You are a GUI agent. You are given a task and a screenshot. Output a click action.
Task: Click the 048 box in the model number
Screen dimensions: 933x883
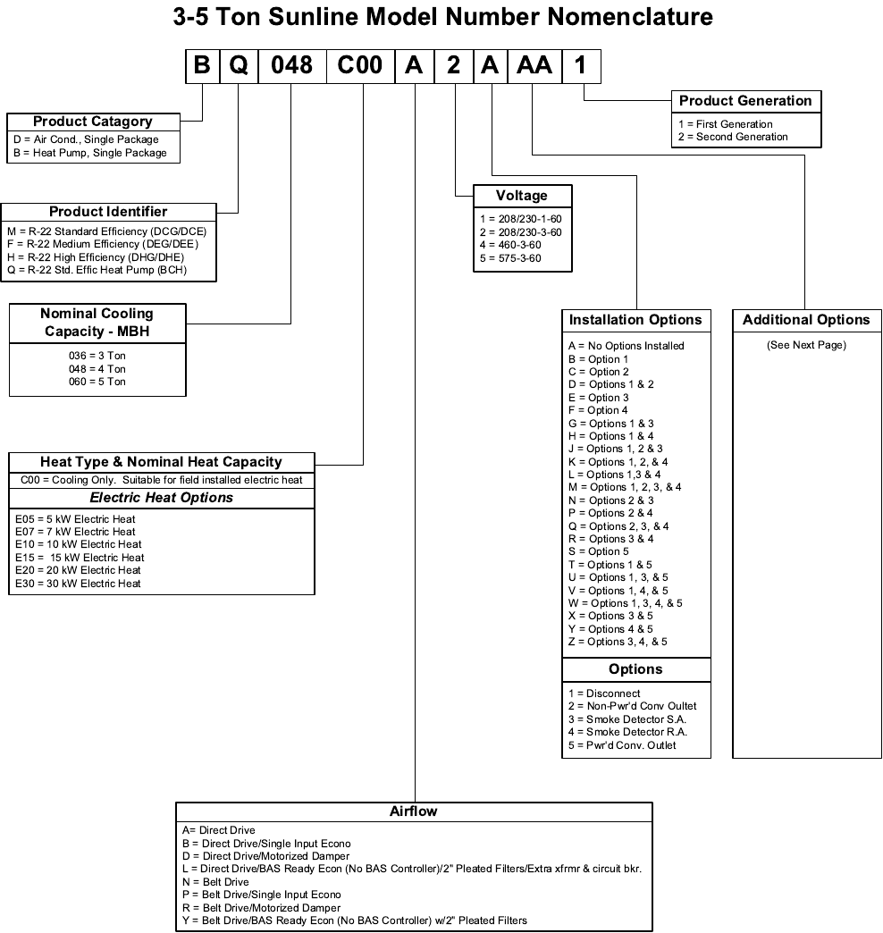click(291, 67)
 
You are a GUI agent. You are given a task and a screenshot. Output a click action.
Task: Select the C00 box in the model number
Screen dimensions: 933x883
click(361, 67)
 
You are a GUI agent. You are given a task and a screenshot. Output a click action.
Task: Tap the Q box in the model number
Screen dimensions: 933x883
click(239, 67)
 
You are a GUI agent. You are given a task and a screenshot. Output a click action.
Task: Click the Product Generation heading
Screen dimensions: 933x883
click(745, 101)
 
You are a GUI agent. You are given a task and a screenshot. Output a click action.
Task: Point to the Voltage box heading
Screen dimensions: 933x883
click(522, 196)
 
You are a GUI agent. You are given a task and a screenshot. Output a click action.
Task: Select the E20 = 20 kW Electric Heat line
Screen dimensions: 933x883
click(79, 570)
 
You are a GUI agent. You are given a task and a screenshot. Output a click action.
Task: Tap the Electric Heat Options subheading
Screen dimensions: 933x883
click(162, 498)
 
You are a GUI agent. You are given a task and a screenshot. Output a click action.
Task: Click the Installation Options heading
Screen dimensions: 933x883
click(635, 320)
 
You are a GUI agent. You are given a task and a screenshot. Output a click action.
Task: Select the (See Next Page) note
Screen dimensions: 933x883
click(806, 345)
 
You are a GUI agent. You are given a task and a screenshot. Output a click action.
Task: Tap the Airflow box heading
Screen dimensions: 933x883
click(413, 811)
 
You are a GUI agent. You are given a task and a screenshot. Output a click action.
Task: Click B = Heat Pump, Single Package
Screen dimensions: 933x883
click(90, 153)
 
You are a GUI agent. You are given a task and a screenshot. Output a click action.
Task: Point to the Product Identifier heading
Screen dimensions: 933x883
click(108, 212)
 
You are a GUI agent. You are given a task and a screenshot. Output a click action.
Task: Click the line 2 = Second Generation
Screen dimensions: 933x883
click(733, 137)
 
